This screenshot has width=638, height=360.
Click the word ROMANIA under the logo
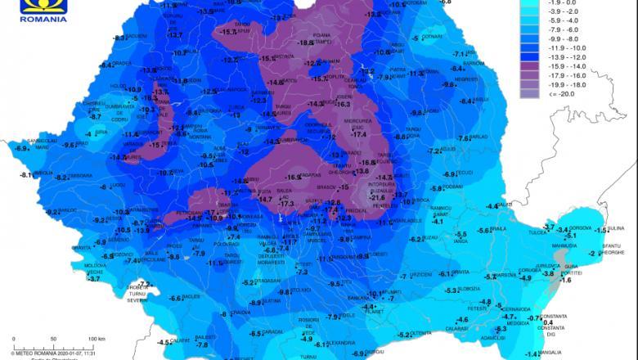click(x=43, y=16)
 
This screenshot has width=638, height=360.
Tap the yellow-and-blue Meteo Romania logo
click(x=43, y=4)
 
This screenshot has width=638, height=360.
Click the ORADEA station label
click(x=123, y=64)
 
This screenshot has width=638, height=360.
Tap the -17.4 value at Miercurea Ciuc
click(x=358, y=134)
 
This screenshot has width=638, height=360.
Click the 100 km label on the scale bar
click(x=97, y=338)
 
